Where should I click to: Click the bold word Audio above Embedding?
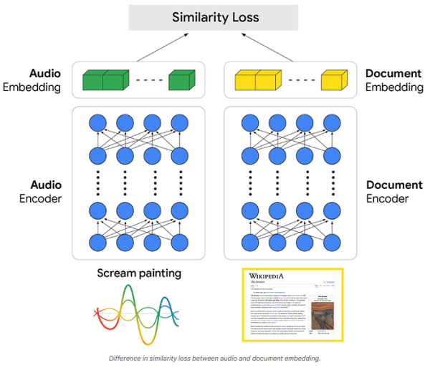(44, 74)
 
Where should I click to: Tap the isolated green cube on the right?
(181, 80)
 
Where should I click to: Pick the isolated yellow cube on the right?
(333, 80)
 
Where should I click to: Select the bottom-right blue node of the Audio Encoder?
(180, 242)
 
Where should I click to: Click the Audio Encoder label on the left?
(42, 191)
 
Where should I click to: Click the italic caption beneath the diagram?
(214, 358)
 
